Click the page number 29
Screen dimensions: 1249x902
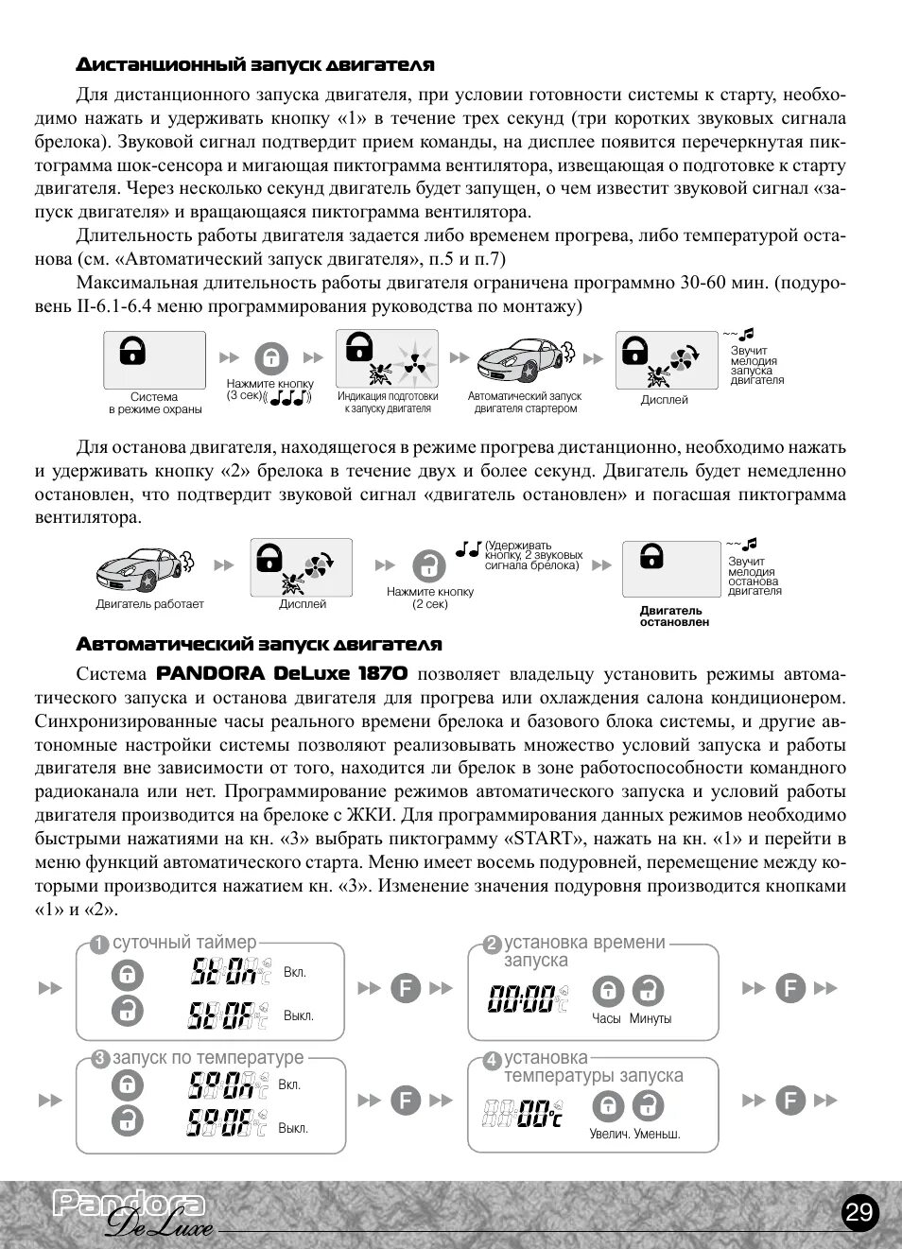859,1213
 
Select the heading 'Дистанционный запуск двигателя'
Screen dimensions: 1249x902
255,65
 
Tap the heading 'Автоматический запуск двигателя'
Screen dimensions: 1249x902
259,645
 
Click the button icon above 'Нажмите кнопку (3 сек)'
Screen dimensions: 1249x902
270,358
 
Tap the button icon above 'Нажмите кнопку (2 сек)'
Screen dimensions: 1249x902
429,565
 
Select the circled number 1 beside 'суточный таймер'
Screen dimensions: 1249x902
99,945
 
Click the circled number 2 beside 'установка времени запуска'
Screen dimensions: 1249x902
492,945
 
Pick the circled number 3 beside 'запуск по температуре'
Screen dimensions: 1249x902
100,1060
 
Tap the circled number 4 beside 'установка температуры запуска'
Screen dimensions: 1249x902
492,1061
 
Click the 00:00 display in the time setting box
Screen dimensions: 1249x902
522,997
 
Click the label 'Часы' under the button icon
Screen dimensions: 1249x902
606,1019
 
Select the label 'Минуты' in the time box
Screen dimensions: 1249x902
650,1019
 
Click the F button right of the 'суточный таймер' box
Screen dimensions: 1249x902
405,989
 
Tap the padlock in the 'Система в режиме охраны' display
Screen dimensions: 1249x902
132,351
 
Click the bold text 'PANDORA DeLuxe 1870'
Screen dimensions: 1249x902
282,673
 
